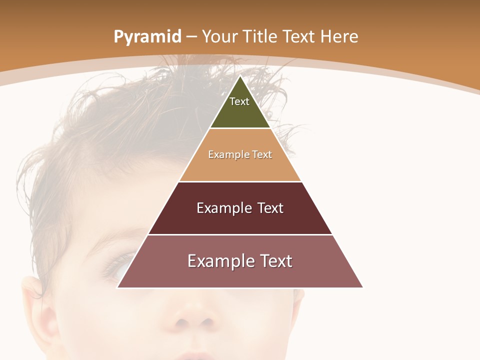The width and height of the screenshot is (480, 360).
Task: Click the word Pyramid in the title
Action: pos(147,37)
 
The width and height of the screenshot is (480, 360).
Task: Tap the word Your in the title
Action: pos(220,36)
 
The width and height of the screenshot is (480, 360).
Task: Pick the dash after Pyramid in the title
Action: pos(191,37)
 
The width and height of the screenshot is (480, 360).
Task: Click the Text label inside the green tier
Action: pos(239,101)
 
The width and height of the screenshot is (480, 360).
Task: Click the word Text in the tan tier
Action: pos(262,154)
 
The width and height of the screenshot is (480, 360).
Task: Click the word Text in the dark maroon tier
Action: pos(270,208)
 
